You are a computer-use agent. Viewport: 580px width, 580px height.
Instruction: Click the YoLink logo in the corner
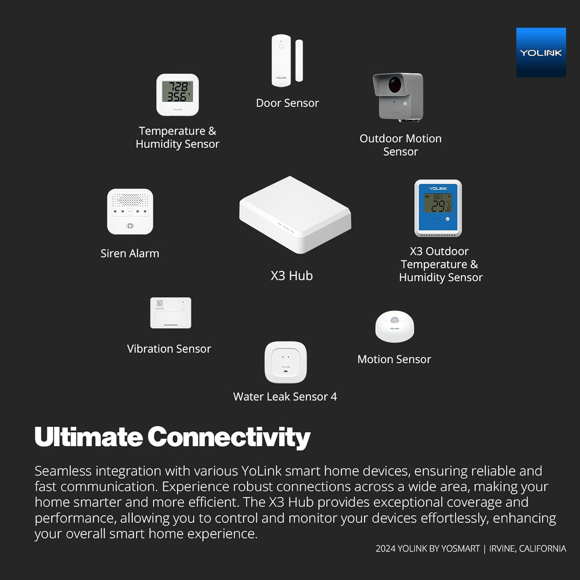(541, 52)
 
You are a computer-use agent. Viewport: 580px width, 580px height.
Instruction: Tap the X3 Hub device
(295, 215)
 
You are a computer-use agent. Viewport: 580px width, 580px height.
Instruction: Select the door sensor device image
(287, 61)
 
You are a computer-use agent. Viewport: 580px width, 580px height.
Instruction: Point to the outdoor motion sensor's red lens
(395, 85)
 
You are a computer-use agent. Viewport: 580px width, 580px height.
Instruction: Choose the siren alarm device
(130, 212)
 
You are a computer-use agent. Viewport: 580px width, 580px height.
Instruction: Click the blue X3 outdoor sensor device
(438, 208)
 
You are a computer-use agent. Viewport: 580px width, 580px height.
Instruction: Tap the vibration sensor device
(171, 313)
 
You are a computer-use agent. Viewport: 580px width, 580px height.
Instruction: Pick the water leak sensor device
(285, 362)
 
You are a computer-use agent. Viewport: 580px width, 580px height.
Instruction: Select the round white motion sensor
(394, 327)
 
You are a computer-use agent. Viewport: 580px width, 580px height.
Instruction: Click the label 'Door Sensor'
(287, 103)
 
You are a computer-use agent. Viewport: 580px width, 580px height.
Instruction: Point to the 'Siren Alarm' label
(130, 253)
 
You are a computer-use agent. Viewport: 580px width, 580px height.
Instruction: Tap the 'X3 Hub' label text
(292, 276)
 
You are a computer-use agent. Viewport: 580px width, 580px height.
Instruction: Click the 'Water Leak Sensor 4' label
(285, 397)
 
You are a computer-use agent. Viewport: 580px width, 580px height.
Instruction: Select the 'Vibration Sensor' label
(169, 349)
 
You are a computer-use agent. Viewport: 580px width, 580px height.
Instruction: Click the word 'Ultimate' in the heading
(89, 437)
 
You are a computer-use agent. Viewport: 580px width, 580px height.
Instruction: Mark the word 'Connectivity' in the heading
(229, 437)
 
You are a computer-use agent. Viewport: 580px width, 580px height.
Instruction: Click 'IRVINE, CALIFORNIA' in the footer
(527, 548)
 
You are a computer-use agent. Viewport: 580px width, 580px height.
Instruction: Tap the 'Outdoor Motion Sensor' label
(401, 145)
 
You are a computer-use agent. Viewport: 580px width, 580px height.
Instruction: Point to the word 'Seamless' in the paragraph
(63, 471)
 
